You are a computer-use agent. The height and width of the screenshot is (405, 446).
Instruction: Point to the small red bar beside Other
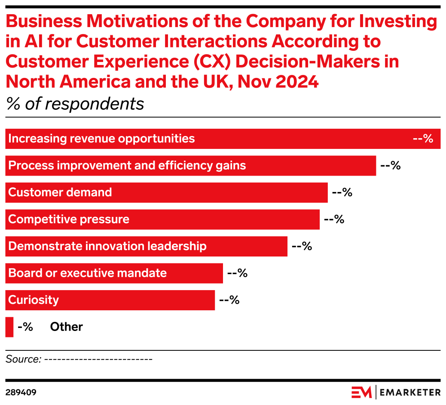coord(9,327)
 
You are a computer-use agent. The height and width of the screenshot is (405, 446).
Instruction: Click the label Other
coord(67,327)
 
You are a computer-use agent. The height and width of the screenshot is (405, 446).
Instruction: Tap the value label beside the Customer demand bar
coord(342,192)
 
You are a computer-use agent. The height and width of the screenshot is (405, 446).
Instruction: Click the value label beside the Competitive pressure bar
coord(334,220)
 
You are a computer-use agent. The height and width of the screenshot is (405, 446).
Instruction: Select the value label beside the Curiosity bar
coord(229,300)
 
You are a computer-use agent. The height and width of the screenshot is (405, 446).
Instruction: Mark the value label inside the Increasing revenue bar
coord(423,139)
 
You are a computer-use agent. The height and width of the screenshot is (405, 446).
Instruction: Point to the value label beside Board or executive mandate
coord(237,273)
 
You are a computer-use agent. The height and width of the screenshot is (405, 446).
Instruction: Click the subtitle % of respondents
coord(75,104)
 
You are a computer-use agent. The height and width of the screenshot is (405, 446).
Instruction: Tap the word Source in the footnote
coord(22,359)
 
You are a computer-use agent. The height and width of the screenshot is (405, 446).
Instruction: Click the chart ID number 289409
coord(21,393)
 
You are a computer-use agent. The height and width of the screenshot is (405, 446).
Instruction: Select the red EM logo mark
coord(362,392)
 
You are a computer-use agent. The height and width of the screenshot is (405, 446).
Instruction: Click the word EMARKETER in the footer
coord(410,392)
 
